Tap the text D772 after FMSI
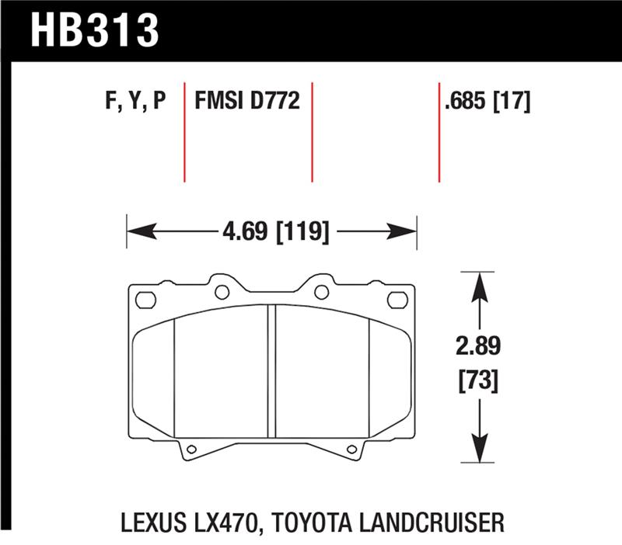[x=273, y=101]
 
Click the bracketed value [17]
[x=513, y=101]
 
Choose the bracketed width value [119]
[x=303, y=231]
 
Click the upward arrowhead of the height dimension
[x=480, y=281]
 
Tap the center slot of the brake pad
[x=272, y=365]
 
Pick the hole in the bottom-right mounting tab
[x=352, y=449]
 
